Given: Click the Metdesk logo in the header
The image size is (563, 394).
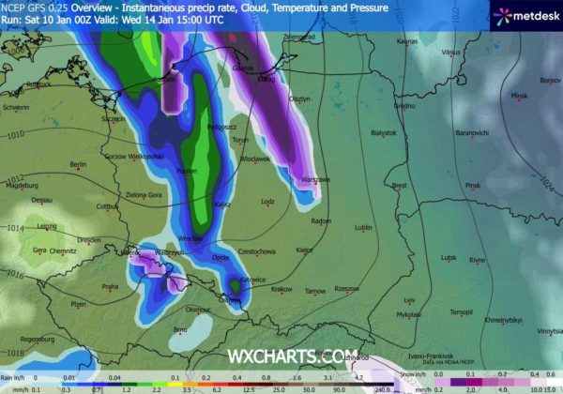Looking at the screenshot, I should [525, 15].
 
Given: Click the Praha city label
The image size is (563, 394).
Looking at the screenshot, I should [110, 287].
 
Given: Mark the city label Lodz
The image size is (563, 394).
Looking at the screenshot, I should [268, 201].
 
